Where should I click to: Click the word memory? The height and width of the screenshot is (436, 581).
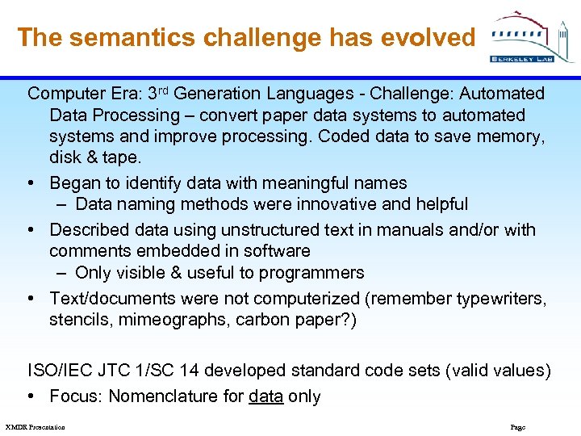click(x=505, y=136)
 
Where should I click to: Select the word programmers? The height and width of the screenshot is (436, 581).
click(x=314, y=273)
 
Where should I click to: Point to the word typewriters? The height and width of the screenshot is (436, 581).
click(x=500, y=299)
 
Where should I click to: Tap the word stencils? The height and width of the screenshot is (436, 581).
click(x=80, y=320)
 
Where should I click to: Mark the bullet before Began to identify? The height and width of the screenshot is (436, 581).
click(x=34, y=184)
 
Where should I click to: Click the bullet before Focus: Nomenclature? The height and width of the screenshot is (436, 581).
click(x=34, y=397)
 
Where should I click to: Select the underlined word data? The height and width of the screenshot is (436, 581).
click(x=265, y=397)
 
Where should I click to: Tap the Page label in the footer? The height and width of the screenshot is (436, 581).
click(x=518, y=427)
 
